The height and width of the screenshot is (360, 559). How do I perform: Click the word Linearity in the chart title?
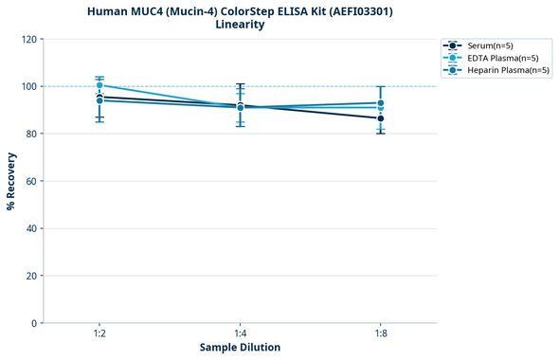pyautogui.click(x=240, y=25)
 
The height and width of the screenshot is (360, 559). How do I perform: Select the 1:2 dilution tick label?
pyautogui.click(x=99, y=333)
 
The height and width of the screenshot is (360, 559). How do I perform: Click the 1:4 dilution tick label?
pyautogui.click(x=240, y=333)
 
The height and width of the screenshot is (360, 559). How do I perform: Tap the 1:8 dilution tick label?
pyautogui.click(x=380, y=333)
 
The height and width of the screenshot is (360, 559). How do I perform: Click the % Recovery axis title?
pyautogui.click(x=11, y=181)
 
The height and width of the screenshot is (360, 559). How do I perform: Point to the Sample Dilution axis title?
pyautogui.click(x=240, y=348)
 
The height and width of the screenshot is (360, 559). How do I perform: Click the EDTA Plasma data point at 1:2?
pyautogui.click(x=99, y=85)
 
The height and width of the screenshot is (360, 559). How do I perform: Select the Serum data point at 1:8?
pyautogui.click(x=380, y=118)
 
